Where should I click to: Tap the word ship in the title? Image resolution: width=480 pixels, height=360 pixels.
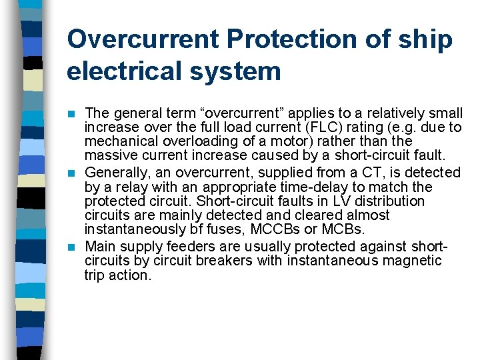click(426, 39)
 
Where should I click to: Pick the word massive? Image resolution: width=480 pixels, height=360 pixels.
click(109, 156)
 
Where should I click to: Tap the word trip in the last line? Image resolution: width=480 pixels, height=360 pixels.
click(95, 275)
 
